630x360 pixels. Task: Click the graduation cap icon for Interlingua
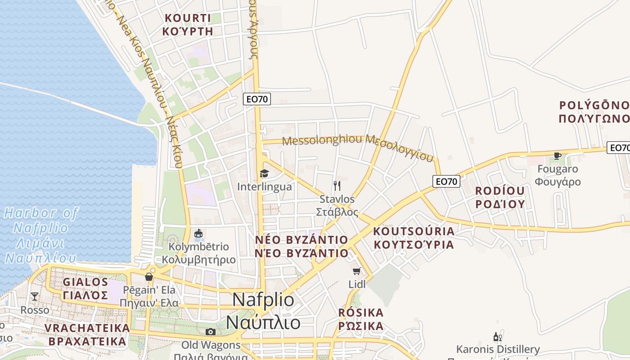pos(264,173)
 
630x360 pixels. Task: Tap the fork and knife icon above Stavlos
pos(337,185)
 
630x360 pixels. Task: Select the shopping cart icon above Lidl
pos(357,271)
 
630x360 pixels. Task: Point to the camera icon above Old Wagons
pos(210,332)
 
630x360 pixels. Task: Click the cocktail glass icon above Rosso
pos(34,296)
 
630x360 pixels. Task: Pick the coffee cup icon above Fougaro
pos(558,156)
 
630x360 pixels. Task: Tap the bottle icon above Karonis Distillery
pos(497,337)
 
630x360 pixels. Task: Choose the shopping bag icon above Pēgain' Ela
pos(149,276)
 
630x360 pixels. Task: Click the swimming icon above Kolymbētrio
pos(198,233)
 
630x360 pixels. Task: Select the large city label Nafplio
pos(263,300)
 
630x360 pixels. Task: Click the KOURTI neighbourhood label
pos(188,18)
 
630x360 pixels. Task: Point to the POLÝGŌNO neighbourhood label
pos(594,105)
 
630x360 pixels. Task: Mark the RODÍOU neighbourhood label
pos(500,191)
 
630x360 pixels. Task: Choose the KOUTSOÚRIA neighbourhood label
pos(414,231)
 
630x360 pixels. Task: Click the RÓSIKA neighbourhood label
pos(361,312)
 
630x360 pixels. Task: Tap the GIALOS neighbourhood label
pos(85,282)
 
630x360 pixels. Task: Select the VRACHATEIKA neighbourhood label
pos(87,328)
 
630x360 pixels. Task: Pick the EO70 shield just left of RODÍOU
pos(446,181)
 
